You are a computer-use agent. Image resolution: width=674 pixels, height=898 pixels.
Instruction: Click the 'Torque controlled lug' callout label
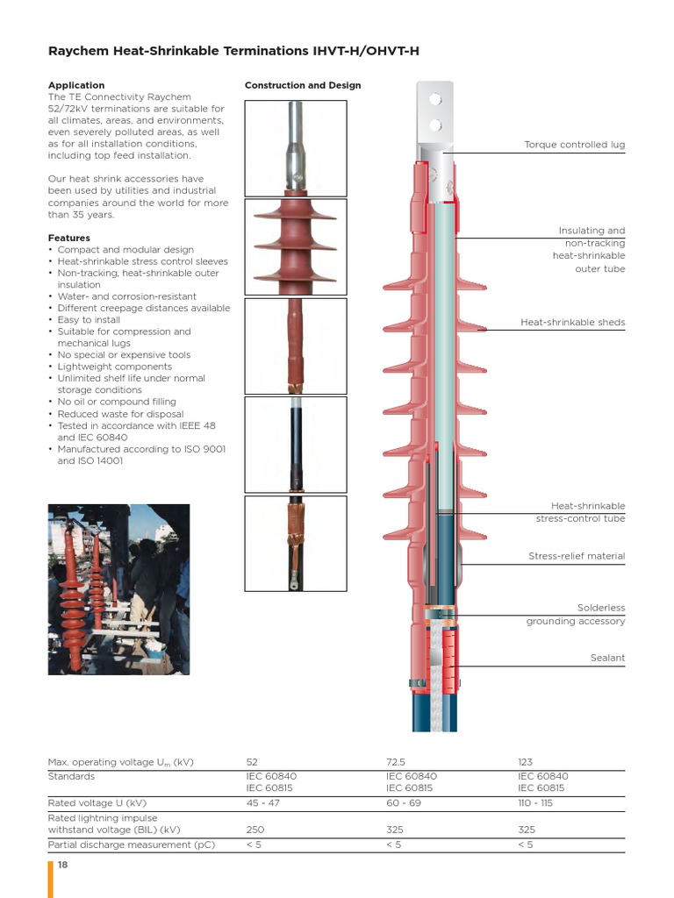tap(574, 145)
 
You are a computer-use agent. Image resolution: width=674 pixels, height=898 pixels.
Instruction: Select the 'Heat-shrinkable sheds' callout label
tap(572, 323)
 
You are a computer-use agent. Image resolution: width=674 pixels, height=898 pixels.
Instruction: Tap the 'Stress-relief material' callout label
tap(576, 556)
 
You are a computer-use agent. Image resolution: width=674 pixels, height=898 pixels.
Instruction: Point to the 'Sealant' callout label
tap(607, 658)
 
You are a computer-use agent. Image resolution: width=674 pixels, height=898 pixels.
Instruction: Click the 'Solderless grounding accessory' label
tap(576, 615)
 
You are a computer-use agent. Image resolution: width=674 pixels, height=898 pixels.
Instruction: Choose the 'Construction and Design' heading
tap(302, 85)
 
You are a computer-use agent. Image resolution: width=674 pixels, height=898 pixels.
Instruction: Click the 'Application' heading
tap(75, 85)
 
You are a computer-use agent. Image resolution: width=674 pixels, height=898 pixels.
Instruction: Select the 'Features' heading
tap(68, 238)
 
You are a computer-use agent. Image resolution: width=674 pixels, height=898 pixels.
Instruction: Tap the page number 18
tap(62, 865)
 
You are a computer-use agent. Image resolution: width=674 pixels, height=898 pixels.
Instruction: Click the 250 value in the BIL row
tap(256, 829)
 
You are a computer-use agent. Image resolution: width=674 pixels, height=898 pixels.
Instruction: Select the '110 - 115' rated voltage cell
tap(535, 802)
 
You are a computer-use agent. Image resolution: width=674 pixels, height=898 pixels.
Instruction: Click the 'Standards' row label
tap(71, 776)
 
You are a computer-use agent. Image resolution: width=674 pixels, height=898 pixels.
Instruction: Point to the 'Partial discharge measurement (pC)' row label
tap(131, 845)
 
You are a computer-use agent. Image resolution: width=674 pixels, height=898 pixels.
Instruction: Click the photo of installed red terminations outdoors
tap(118, 589)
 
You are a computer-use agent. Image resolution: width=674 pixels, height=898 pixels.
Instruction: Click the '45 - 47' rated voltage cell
tap(263, 802)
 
